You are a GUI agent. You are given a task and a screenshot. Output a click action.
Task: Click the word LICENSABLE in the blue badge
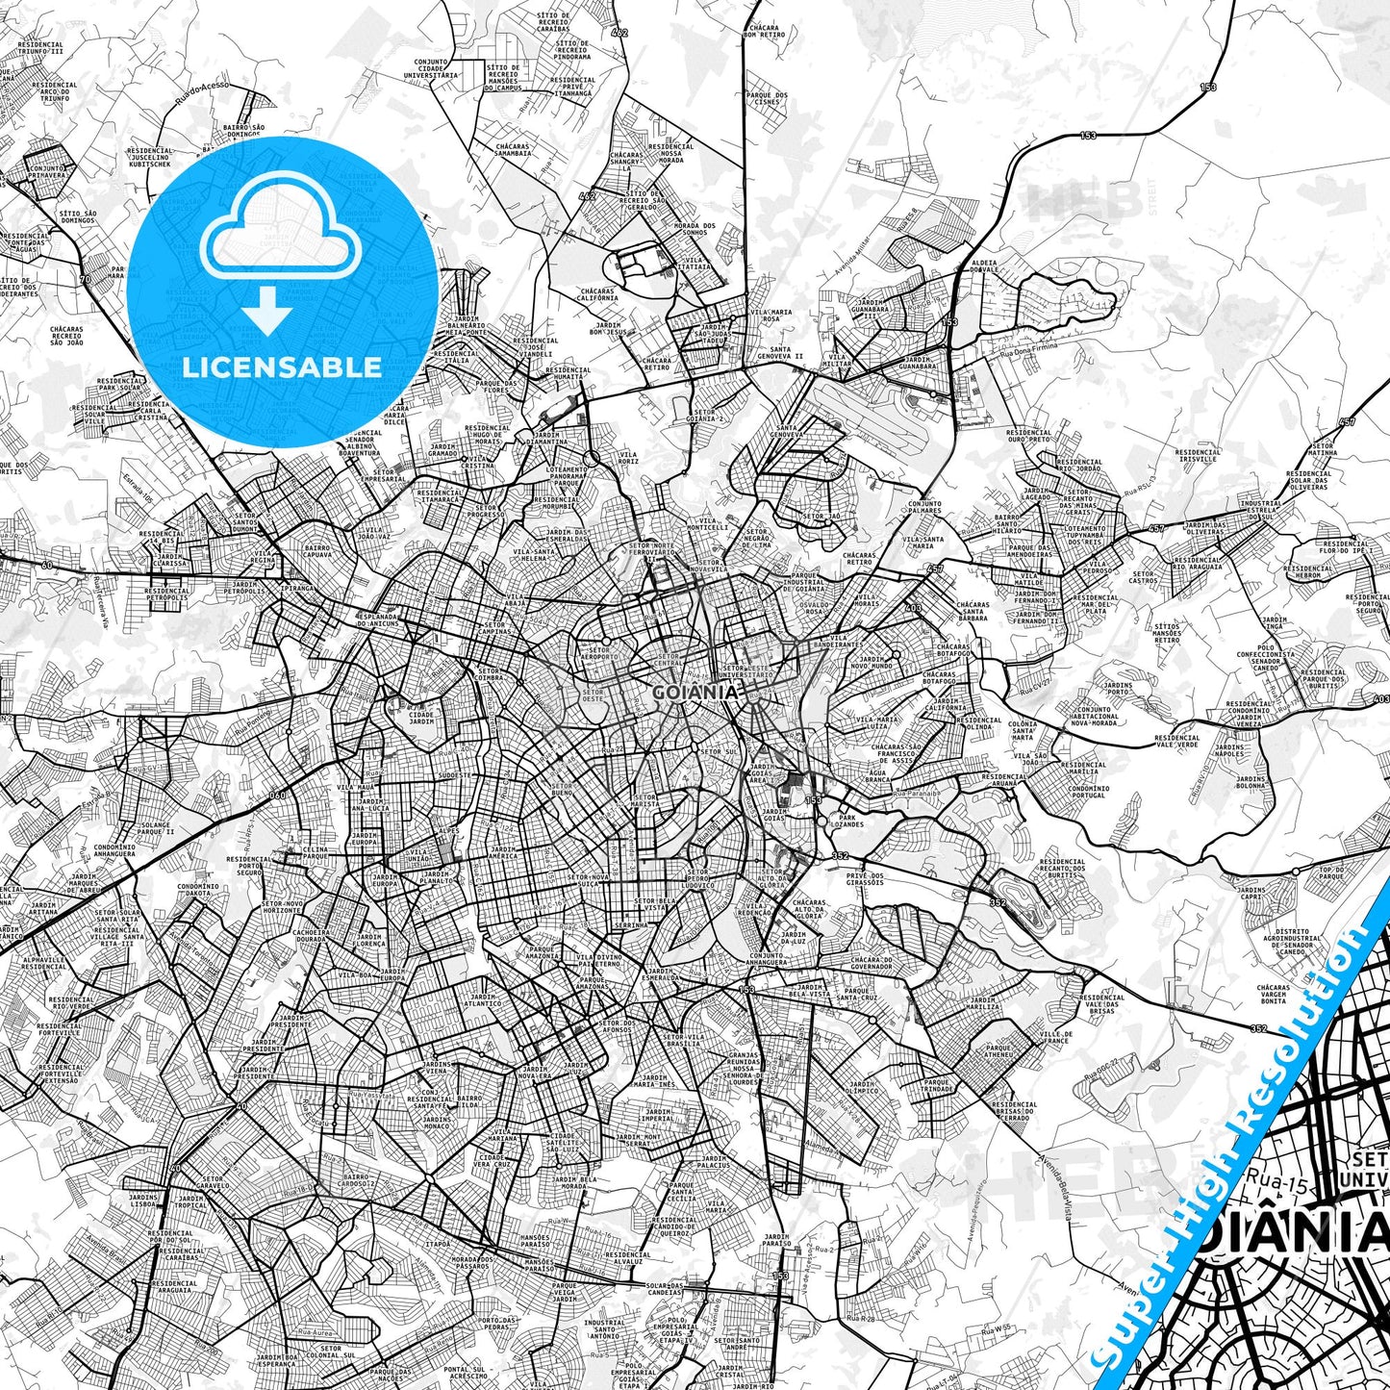(x=282, y=367)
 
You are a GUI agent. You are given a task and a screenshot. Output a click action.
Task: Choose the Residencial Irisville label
(x=1198, y=455)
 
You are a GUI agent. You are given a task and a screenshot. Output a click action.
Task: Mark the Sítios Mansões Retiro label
(x=1167, y=634)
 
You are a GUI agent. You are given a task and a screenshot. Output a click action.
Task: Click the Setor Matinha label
(x=1324, y=450)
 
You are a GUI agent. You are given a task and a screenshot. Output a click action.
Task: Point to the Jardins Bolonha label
(x=1251, y=782)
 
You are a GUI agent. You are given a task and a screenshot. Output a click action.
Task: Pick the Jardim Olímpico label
(x=862, y=1088)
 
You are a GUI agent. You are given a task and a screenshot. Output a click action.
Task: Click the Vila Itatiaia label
(x=695, y=264)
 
